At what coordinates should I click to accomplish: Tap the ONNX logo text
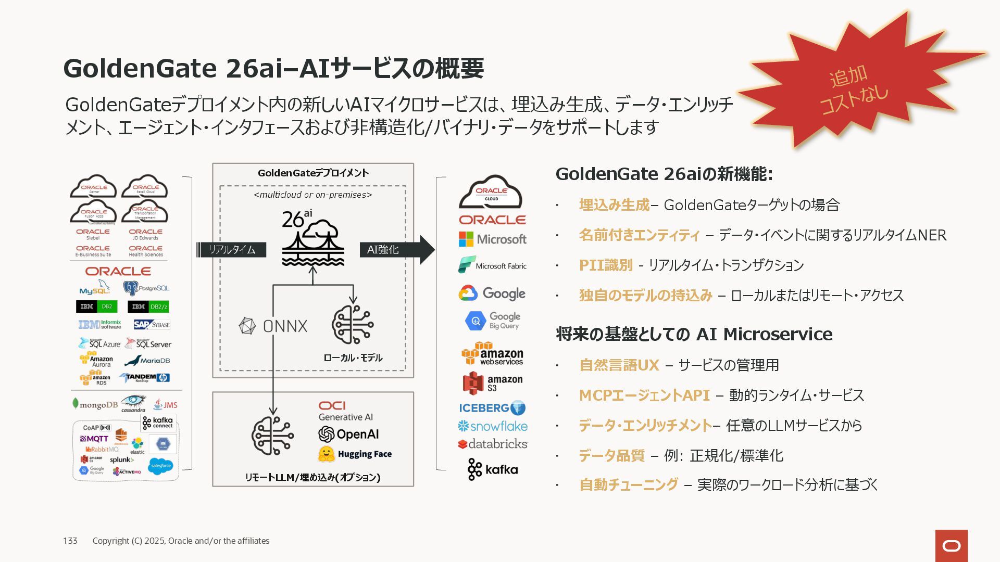(284, 326)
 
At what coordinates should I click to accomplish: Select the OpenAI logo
(348, 434)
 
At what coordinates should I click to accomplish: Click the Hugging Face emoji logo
(326, 454)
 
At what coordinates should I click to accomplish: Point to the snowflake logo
(493, 426)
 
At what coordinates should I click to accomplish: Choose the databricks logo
(493, 444)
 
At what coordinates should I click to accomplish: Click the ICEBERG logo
(492, 408)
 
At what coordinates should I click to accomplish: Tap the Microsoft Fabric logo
(493, 265)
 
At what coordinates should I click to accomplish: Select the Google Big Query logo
(493, 321)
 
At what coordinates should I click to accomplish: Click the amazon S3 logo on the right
(493, 384)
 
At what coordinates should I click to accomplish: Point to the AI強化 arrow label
(383, 250)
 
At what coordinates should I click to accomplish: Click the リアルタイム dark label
(232, 250)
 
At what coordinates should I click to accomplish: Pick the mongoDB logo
(95, 404)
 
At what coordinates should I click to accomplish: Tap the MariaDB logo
(147, 360)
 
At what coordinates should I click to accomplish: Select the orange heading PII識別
(606, 265)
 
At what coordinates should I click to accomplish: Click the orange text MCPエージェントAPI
(644, 395)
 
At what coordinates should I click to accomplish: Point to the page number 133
(70, 541)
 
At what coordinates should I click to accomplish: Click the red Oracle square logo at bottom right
(951, 546)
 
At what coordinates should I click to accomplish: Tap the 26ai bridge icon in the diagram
(312, 239)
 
